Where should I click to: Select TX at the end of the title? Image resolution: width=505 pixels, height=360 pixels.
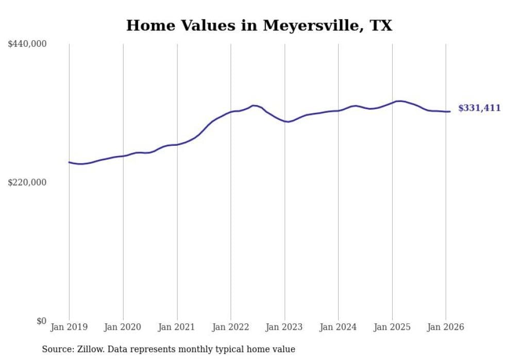[381, 26]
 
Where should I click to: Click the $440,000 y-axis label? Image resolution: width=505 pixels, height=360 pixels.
[27, 44]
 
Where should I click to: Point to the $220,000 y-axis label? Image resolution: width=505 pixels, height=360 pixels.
[27, 182]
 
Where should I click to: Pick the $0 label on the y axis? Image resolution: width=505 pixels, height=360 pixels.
[41, 321]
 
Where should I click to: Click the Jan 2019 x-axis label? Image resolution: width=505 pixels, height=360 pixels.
[69, 327]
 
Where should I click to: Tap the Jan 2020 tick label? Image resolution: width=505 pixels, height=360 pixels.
[123, 327]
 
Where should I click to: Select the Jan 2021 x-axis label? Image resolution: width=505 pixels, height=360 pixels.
[177, 327]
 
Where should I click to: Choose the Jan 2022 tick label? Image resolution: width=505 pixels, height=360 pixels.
[231, 327]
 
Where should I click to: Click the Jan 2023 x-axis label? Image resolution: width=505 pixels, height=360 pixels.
[284, 327]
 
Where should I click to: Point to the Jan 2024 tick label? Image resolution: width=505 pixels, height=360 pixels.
[338, 327]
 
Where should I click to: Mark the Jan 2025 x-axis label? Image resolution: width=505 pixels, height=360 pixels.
[392, 327]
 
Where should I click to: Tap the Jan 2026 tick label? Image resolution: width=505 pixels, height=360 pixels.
[446, 327]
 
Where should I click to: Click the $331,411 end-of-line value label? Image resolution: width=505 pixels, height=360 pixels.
[479, 108]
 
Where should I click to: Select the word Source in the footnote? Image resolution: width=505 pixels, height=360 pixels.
[56, 349]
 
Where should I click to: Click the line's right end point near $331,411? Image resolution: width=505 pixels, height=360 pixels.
[450, 111]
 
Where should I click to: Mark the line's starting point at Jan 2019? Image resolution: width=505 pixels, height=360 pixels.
[69, 162]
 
